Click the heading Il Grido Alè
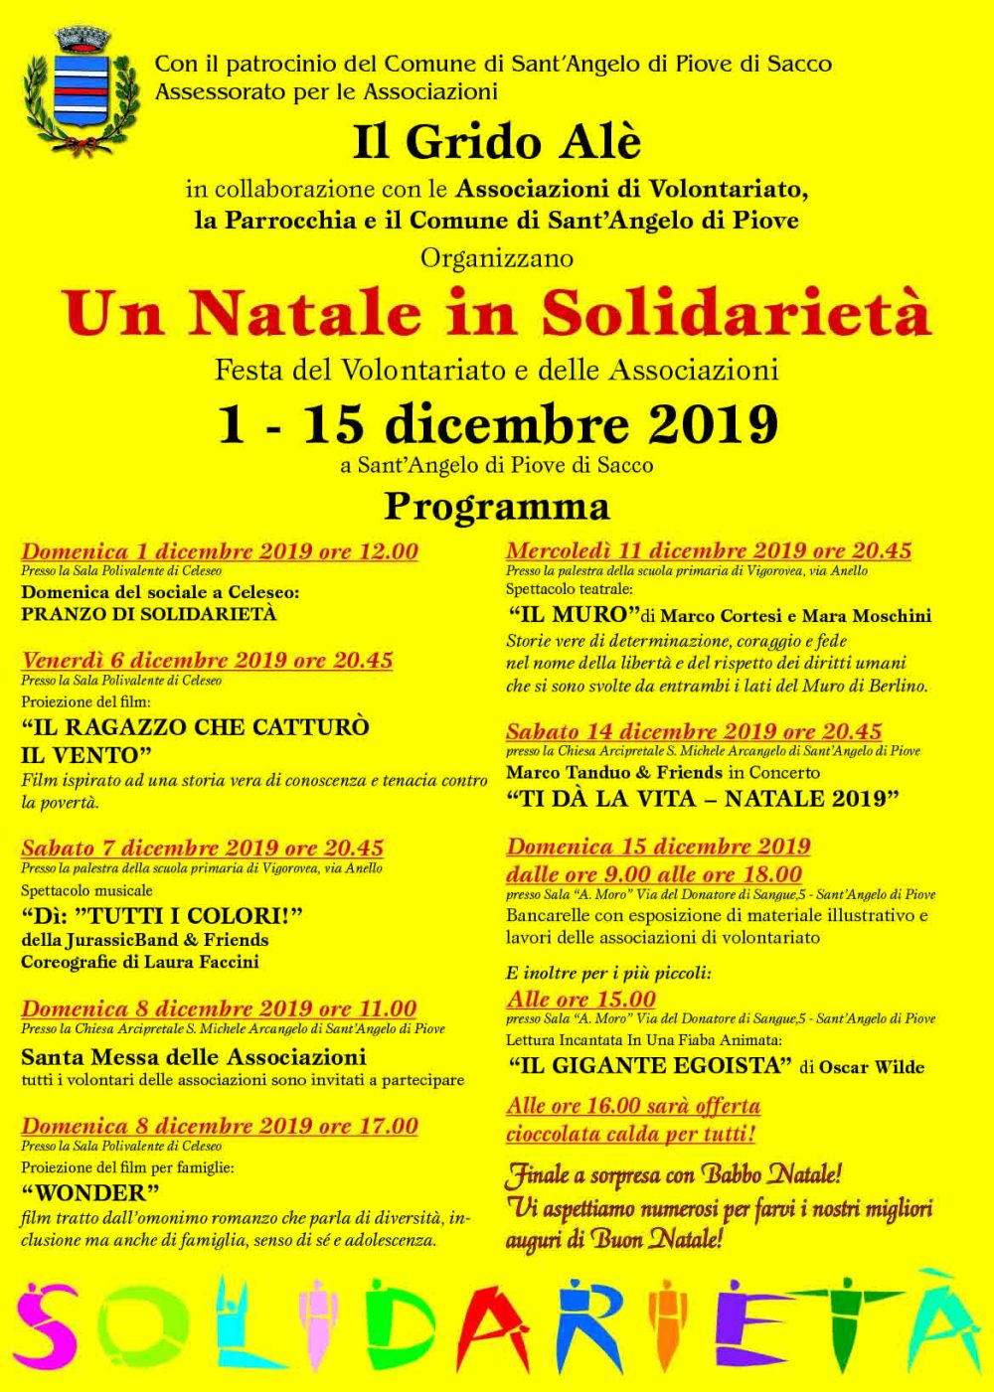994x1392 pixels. point(496,143)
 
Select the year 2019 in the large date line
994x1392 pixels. point(712,424)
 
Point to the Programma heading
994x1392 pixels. point(496,507)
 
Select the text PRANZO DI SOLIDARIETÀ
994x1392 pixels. point(149,614)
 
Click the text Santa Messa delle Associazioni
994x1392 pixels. point(194,1056)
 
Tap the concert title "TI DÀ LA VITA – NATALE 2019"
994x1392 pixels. point(703,799)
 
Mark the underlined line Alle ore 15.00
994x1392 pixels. point(580,1000)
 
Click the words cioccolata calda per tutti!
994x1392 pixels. point(630,1134)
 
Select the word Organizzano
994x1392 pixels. point(496,258)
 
